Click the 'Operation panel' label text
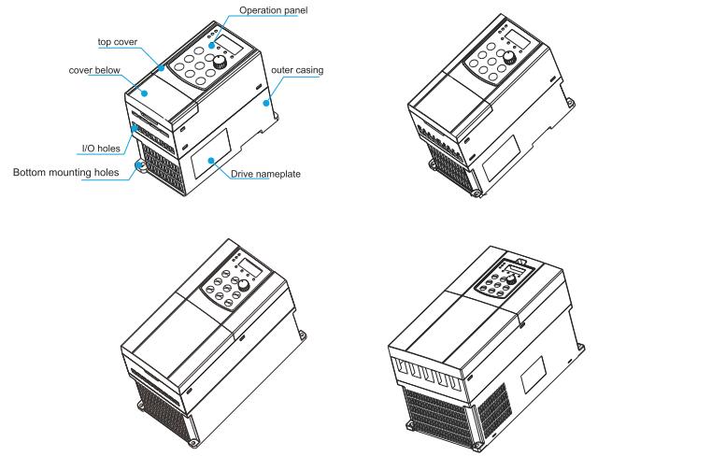(x=273, y=10)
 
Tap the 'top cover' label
(x=118, y=42)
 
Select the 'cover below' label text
(x=94, y=70)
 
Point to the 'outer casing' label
(x=297, y=70)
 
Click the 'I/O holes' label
(x=101, y=149)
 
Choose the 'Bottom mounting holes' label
(x=65, y=173)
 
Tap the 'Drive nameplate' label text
(x=265, y=174)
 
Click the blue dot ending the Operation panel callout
(x=211, y=46)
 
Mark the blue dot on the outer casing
(x=265, y=103)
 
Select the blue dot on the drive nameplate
(x=211, y=161)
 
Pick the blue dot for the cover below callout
(x=145, y=93)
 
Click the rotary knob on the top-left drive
(x=221, y=62)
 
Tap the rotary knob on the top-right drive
(x=509, y=57)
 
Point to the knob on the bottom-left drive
(x=244, y=285)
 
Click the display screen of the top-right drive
(x=518, y=39)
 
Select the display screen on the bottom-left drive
(x=251, y=268)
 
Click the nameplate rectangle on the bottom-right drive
(x=534, y=375)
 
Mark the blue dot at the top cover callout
(x=161, y=68)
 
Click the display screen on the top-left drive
(x=230, y=45)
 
